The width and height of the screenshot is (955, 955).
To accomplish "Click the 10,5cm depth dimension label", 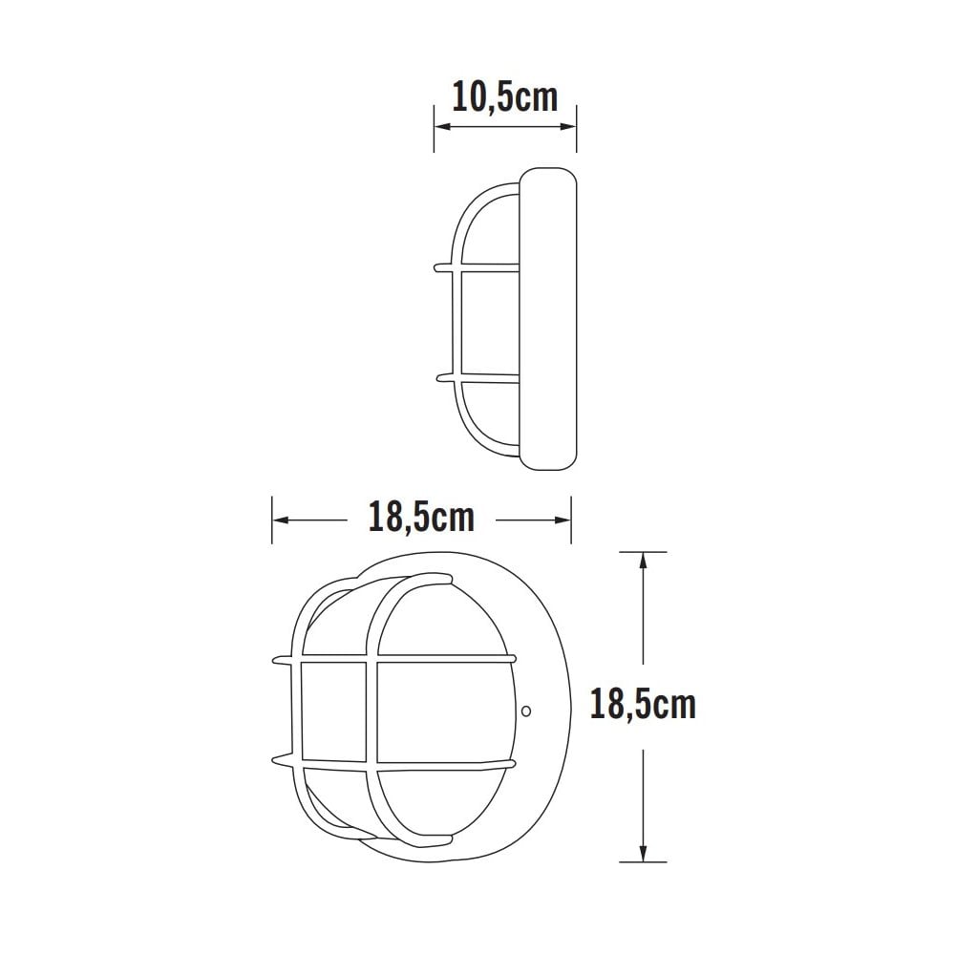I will click(x=504, y=97).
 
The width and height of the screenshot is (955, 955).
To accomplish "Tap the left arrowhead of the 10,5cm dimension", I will click(x=440, y=126).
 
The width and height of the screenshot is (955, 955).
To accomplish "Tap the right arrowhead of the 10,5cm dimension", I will click(x=570, y=126).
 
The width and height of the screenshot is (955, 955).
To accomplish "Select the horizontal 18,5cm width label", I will click(x=421, y=518).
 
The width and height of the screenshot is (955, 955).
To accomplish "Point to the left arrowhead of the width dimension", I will click(x=280, y=520).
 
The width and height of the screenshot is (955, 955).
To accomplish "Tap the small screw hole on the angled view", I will click(x=525, y=711).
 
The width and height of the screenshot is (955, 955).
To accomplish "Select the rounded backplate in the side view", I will click(x=548, y=319).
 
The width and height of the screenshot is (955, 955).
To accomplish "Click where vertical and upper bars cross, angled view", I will click(x=371, y=660).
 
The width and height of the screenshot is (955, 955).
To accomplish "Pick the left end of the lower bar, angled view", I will click(x=278, y=761).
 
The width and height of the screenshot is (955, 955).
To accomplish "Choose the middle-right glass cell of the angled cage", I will click(x=443, y=711).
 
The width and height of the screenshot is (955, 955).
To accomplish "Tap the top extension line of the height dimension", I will click(x=643, y=552).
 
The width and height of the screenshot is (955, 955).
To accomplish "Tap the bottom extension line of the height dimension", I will click(x=643, y=862).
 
